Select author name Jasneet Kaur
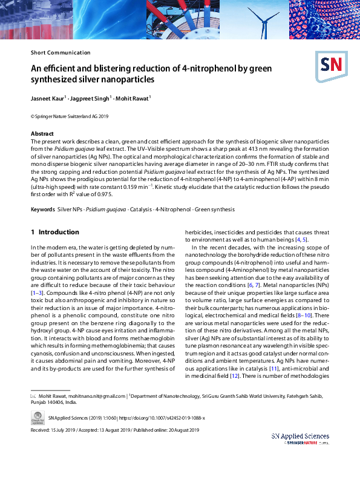pyautogui.click(x=47, y=98)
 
